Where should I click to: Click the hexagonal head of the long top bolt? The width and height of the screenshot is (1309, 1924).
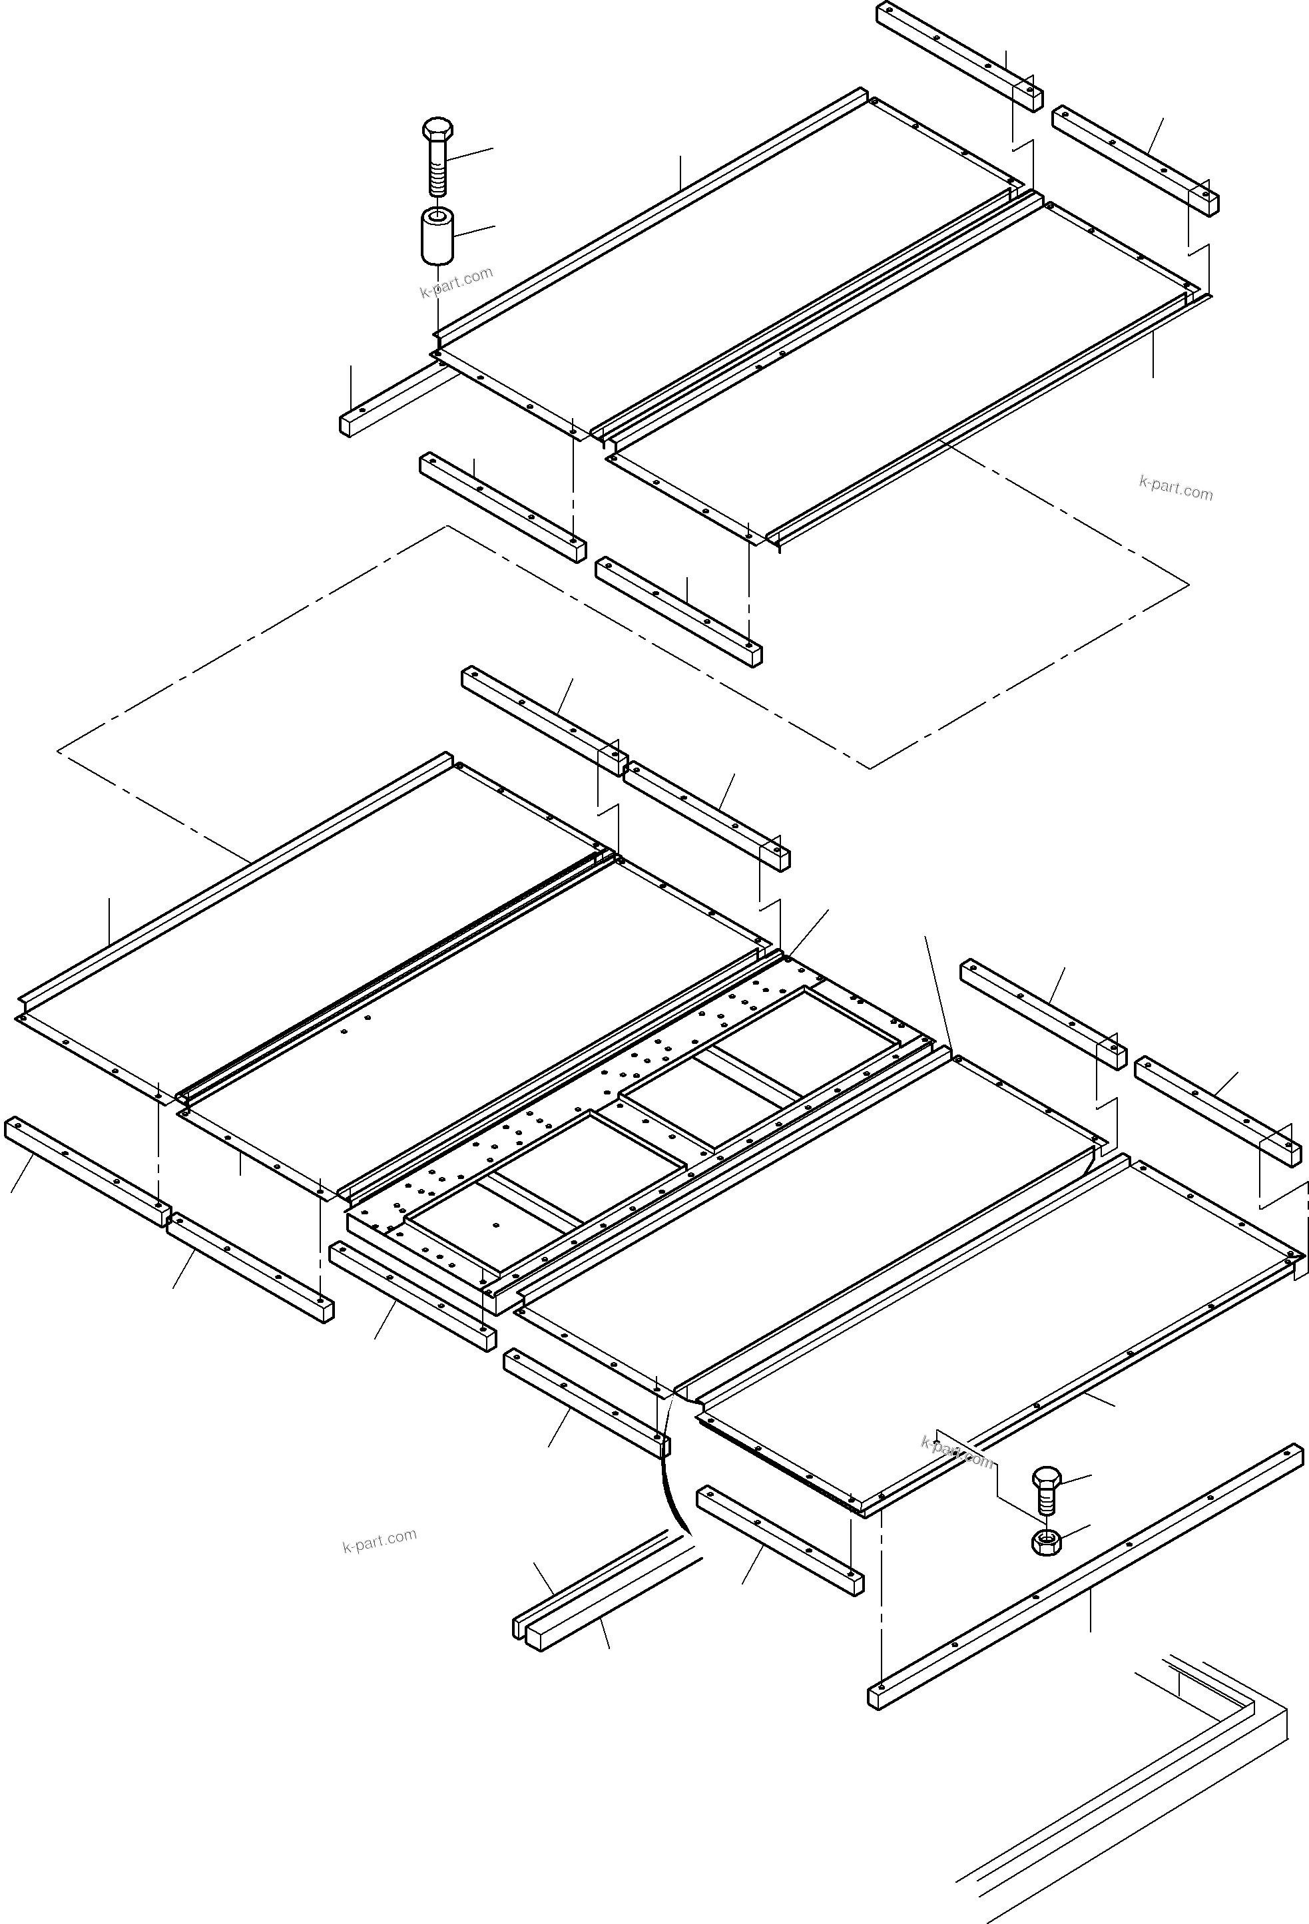pyautogui.click(x=437, y=130)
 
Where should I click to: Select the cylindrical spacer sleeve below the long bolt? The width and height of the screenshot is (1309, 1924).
pyautogui.click(x=438, y=236)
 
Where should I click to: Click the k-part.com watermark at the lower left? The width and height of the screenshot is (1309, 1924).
pyautogui.click(x=380, y=1541)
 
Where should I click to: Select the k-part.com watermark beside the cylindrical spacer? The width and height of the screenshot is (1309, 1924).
pyautogui.click(x=456, y=282)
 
